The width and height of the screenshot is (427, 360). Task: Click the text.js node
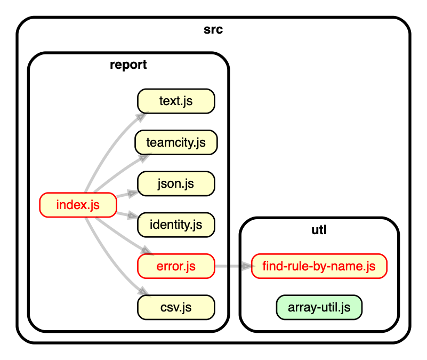tap(176, 101)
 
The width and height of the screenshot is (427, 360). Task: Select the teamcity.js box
tap(176, 142)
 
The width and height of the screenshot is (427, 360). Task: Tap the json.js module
tap(176, 184)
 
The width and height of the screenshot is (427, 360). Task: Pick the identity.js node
tap(176, 225)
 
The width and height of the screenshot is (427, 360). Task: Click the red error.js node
tap(176, 266)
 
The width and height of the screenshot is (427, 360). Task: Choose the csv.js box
tap(176, 308)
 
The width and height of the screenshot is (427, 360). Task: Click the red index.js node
tap(78, 205)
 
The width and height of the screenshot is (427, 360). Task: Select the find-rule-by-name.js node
tap(319, 266)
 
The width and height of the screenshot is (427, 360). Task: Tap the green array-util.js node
tap(319, 307)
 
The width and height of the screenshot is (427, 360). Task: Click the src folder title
tap(213, 29)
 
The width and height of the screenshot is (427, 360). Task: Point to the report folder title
tap(128, 65)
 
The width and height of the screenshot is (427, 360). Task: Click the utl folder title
tap(319, 230)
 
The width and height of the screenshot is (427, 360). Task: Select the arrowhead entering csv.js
tap(141, 292)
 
